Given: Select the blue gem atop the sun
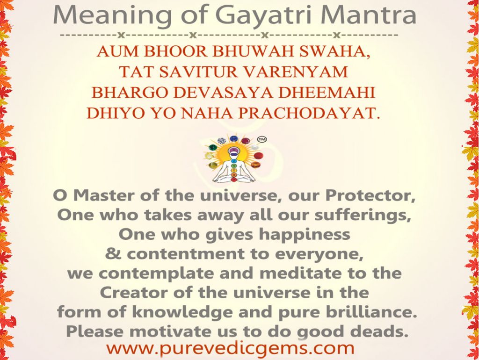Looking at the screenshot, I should tap(232, 139).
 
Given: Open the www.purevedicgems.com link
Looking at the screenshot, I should tap(230, 348).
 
